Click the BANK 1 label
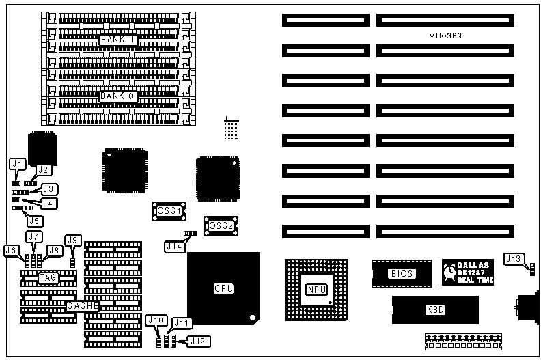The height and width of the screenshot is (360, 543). pyautogui.click(x=119, y=40)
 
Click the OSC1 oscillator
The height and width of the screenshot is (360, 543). pyautogui.click(x=169, y=211)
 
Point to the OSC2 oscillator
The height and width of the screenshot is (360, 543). pyautogui.click(x=221, y=225)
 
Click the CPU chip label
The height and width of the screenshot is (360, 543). pyautogui.click(x=223, y=288)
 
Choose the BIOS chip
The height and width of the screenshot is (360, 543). pyautogui.click(x=402, y=273)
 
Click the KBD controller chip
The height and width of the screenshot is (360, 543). pyautogui.click(x=435, y=309)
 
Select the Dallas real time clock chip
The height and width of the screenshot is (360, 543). pyautogui.click(x=467, y=272)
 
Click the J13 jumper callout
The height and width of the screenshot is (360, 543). pyautogui.click(x=514, y=258)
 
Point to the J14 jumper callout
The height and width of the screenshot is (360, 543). pyautogui.click(x=173, y=246)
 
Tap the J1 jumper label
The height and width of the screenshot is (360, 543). pyautogui.click(x=18, y=163)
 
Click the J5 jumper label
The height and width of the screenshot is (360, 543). pyautogui.click(x=33, y=220)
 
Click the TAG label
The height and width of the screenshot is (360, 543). pyautogui.click(x=47, y=277)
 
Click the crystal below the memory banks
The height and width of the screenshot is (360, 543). pyautogui.click(x=232, y=129)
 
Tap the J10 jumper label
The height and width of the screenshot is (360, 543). pyautogui.click(x=156, y=320)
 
